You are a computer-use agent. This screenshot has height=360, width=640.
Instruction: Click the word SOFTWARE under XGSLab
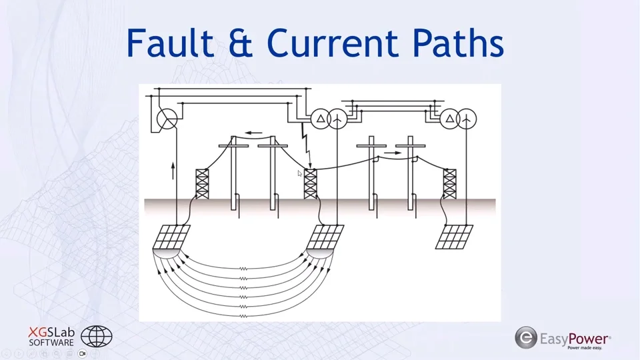[x=51, y=343]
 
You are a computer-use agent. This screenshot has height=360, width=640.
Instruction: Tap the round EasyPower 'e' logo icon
[x=526, y=337]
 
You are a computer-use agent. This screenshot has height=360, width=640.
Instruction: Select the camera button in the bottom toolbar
[x=83, y=353]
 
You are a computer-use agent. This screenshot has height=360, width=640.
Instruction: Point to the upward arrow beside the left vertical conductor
[x=173, y=170]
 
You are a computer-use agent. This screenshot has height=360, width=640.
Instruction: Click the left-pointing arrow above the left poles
[x=252, y=132]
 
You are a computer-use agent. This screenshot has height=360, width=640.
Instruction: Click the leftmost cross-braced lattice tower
[x=202, y=183]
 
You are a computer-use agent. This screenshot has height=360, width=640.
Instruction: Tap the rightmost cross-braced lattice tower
[x=450, y=183]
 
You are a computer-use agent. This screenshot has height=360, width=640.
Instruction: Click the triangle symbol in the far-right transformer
[x=451, y=119]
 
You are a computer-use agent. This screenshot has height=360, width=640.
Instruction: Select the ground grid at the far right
[x=455, y=236]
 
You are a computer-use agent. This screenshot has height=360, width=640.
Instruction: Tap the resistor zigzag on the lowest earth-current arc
[x=243, y=315]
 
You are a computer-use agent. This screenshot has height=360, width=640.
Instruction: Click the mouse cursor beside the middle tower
[x=300, y=173]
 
